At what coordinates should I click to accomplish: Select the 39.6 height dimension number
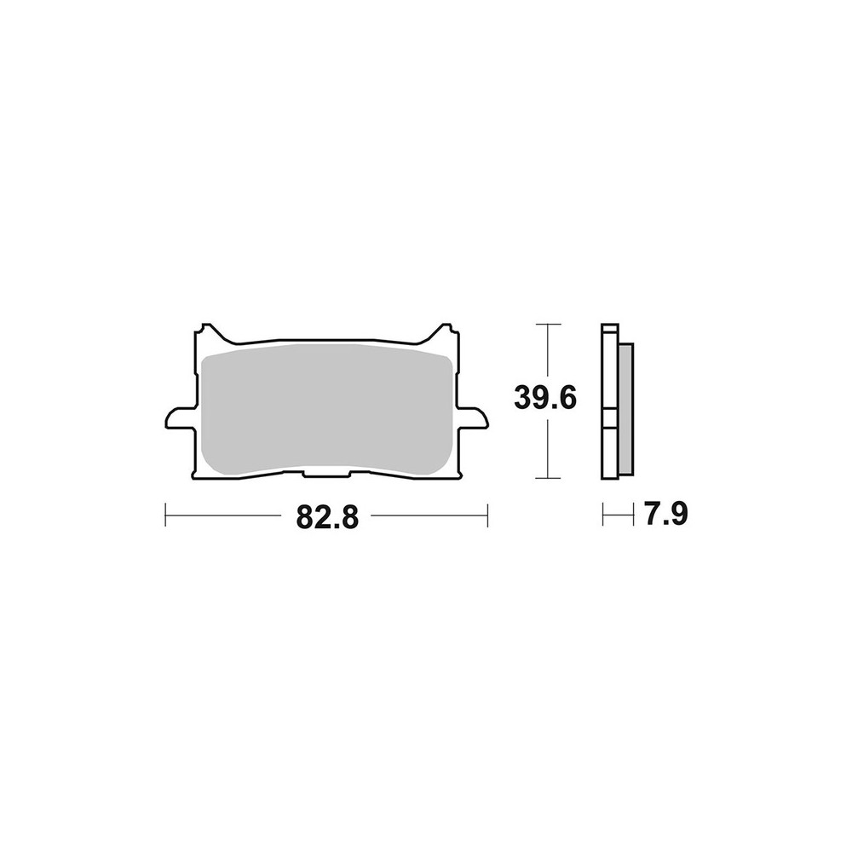(547, 397)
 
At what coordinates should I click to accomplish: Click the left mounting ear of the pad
(176, 420)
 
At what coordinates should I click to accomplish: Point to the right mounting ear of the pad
(472, 420)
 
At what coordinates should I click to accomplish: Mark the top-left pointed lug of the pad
(205, 331)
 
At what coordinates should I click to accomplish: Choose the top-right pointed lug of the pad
(443, 331)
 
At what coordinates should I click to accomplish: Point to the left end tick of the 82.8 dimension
(164, 515)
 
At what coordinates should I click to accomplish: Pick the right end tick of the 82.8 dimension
(486, 515)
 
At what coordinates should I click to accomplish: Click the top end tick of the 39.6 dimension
(547, 325)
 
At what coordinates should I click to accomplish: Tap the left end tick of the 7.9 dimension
(603, 515)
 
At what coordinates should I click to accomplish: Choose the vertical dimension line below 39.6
(547, 447)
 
